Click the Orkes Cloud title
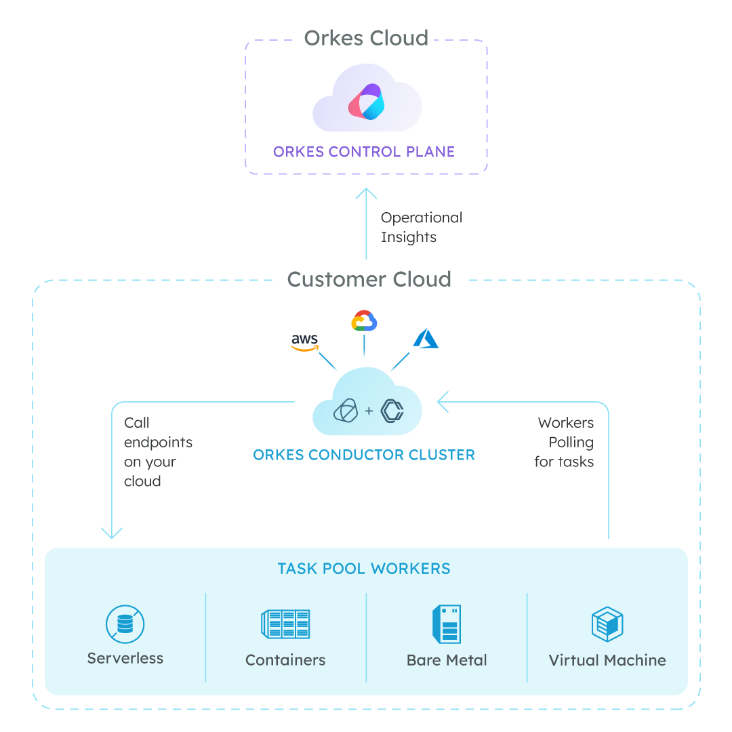(366, 37)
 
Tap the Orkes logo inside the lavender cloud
(367, 102)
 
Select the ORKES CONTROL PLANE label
(364, 151)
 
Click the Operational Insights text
(421, 227)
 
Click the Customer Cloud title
(369, 279)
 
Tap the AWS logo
(304, 342)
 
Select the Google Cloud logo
(364, 321)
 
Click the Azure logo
(426, 339)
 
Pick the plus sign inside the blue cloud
(369, 411)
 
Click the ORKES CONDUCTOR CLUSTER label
(364, 455)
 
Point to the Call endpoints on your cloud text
(158, 452)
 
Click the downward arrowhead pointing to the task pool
(112, 533)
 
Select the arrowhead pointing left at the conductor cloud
(443, 402)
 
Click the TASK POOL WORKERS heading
(364, 569)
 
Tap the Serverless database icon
(125, 624)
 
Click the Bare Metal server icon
(447, 624)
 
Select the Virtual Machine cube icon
(607, 624)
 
